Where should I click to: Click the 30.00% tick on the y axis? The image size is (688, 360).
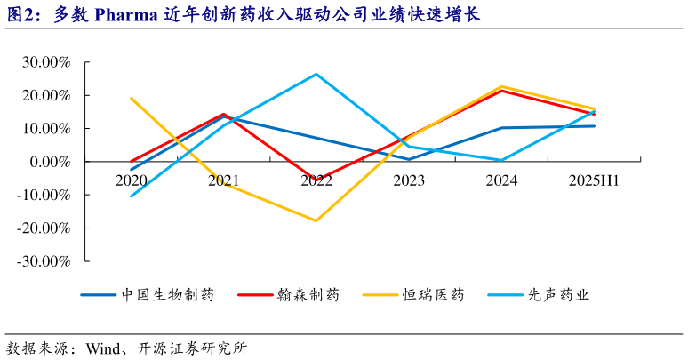pos(44,62)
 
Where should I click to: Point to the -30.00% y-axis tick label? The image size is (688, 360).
pos(42,261)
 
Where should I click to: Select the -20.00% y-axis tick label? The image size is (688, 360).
pos(42,228)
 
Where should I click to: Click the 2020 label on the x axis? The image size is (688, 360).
pos(132,180)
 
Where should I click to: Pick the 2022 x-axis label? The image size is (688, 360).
pos(316,180)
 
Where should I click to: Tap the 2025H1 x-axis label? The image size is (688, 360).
pos(594,180)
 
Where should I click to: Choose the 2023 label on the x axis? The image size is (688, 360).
pos(409,180)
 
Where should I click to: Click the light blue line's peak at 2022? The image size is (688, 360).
pos(316,74)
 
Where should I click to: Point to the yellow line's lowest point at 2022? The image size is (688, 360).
pos(316,220)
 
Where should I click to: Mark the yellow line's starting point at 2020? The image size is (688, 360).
pos(132,99)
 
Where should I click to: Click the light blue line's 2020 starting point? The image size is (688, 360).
pos(132,196)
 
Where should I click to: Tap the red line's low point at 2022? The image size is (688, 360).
pos(316,180)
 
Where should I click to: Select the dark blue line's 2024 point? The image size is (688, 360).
pos(501,128)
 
